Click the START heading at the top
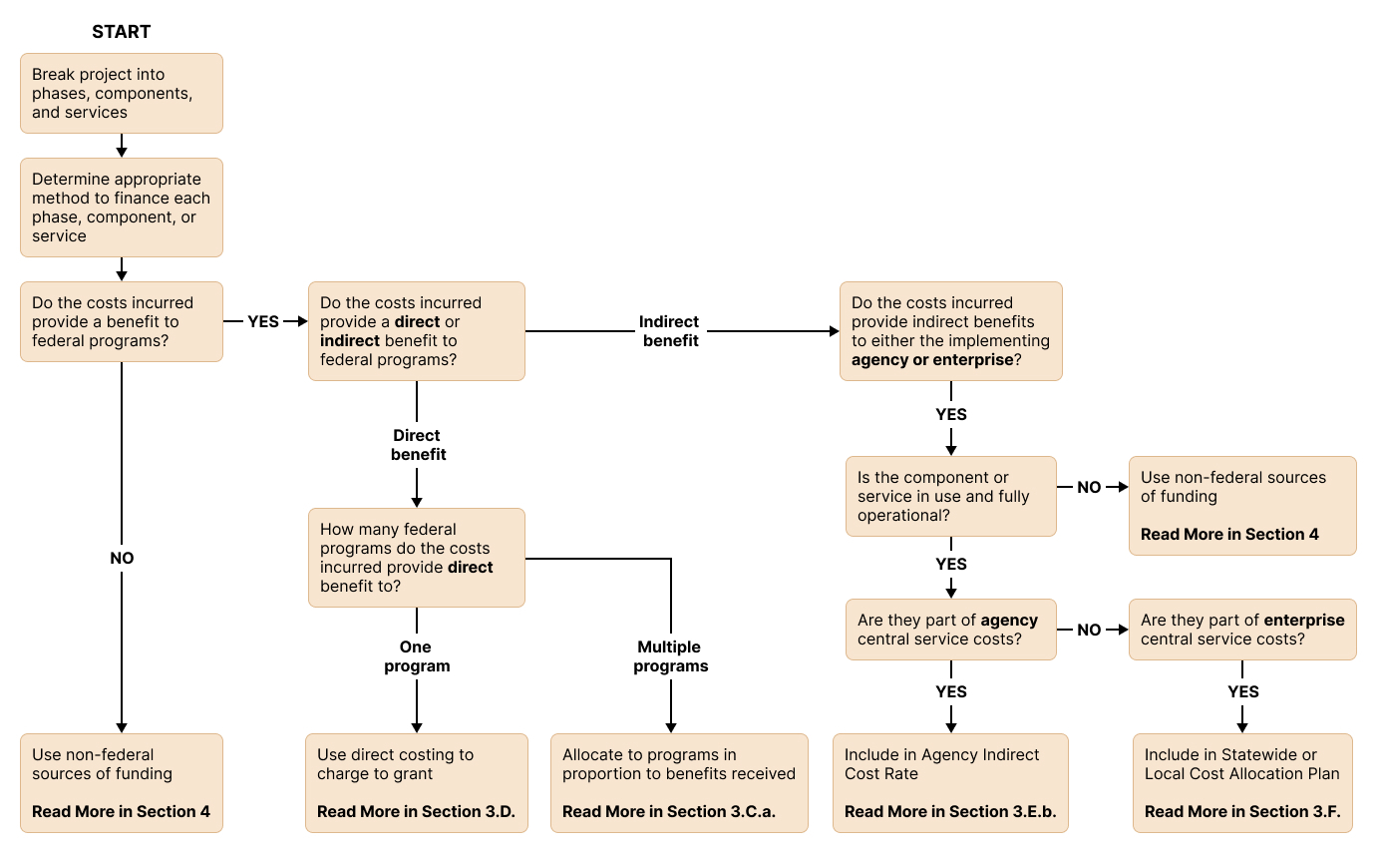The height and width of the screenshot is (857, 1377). click(x=121, y=32)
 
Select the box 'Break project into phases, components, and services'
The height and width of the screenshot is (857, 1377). click(x=121, y=93)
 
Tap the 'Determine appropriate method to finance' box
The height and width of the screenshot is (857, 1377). click(x=121, y=208)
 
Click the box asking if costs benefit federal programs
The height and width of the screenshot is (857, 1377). click(x=121, y=321)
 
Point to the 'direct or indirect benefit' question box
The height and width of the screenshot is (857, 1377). click(x=416, y=330)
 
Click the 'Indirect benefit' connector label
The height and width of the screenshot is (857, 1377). click(x=669, y=331)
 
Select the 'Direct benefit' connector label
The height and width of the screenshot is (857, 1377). click(x=418, y=445)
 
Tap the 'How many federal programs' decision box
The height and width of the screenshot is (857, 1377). click(x=416, y=558)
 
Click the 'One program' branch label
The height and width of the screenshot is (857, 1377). click(x=417, y=656)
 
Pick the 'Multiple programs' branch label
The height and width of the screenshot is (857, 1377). click(x=671, y=656)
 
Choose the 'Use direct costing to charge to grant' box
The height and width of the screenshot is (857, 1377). click(x=416, y=783)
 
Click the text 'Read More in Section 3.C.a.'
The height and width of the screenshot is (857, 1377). click(x=668, y=812)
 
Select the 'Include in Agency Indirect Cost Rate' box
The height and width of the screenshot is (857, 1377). click(x=950, y=783)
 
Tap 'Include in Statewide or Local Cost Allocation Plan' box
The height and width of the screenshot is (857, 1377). click(x=1242, y=783)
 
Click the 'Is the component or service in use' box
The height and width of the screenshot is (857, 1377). click(x=950, y=496)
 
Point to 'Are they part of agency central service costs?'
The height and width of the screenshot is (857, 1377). click(x=950, y=630)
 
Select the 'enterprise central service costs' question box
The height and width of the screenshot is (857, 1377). click(x=1242, y=630)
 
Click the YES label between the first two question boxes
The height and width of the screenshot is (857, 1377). click(x=263, y=322)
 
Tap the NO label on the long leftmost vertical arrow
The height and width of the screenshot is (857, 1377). click(x=122, y=559)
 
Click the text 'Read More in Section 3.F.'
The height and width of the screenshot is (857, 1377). click(x=1242, y=812)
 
